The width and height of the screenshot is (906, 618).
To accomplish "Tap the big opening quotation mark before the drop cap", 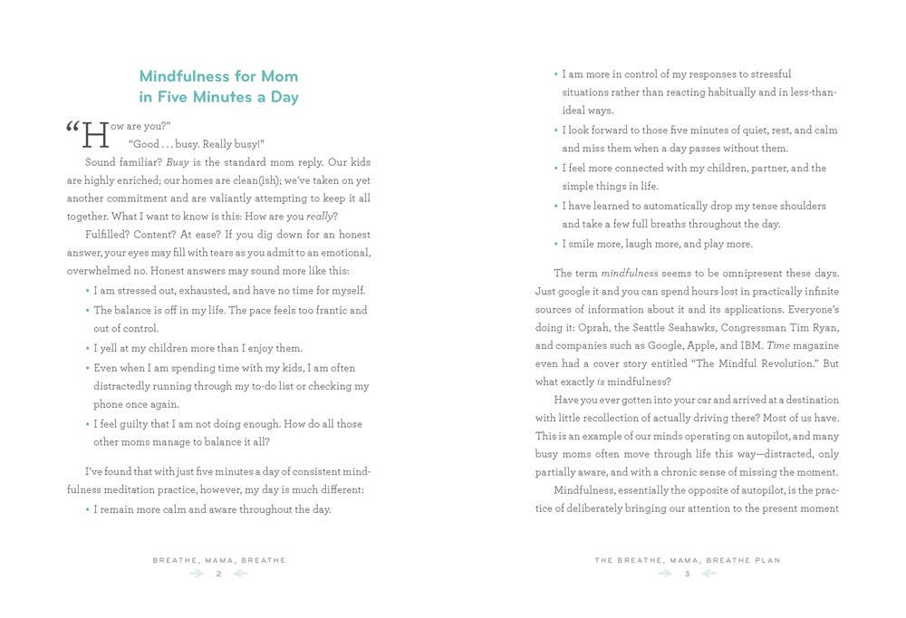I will pos(72,129).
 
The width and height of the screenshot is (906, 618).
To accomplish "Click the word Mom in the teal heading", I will pos(279,76).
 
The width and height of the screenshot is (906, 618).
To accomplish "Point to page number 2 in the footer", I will pos(218,574).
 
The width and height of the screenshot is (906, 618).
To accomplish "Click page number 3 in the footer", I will pos(687,574).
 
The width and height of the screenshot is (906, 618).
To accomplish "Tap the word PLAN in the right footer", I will pos(765,560).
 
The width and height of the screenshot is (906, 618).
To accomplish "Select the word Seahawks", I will pos(693,327).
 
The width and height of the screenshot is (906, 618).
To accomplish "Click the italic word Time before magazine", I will pos(778,345).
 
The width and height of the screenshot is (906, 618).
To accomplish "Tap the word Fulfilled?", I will pos(109,234).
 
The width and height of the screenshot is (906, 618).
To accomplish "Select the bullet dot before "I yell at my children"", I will pos(88,348).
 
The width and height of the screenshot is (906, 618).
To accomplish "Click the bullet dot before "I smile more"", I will pos(555,244).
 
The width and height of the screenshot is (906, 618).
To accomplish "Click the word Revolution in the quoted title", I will pos(781,363).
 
